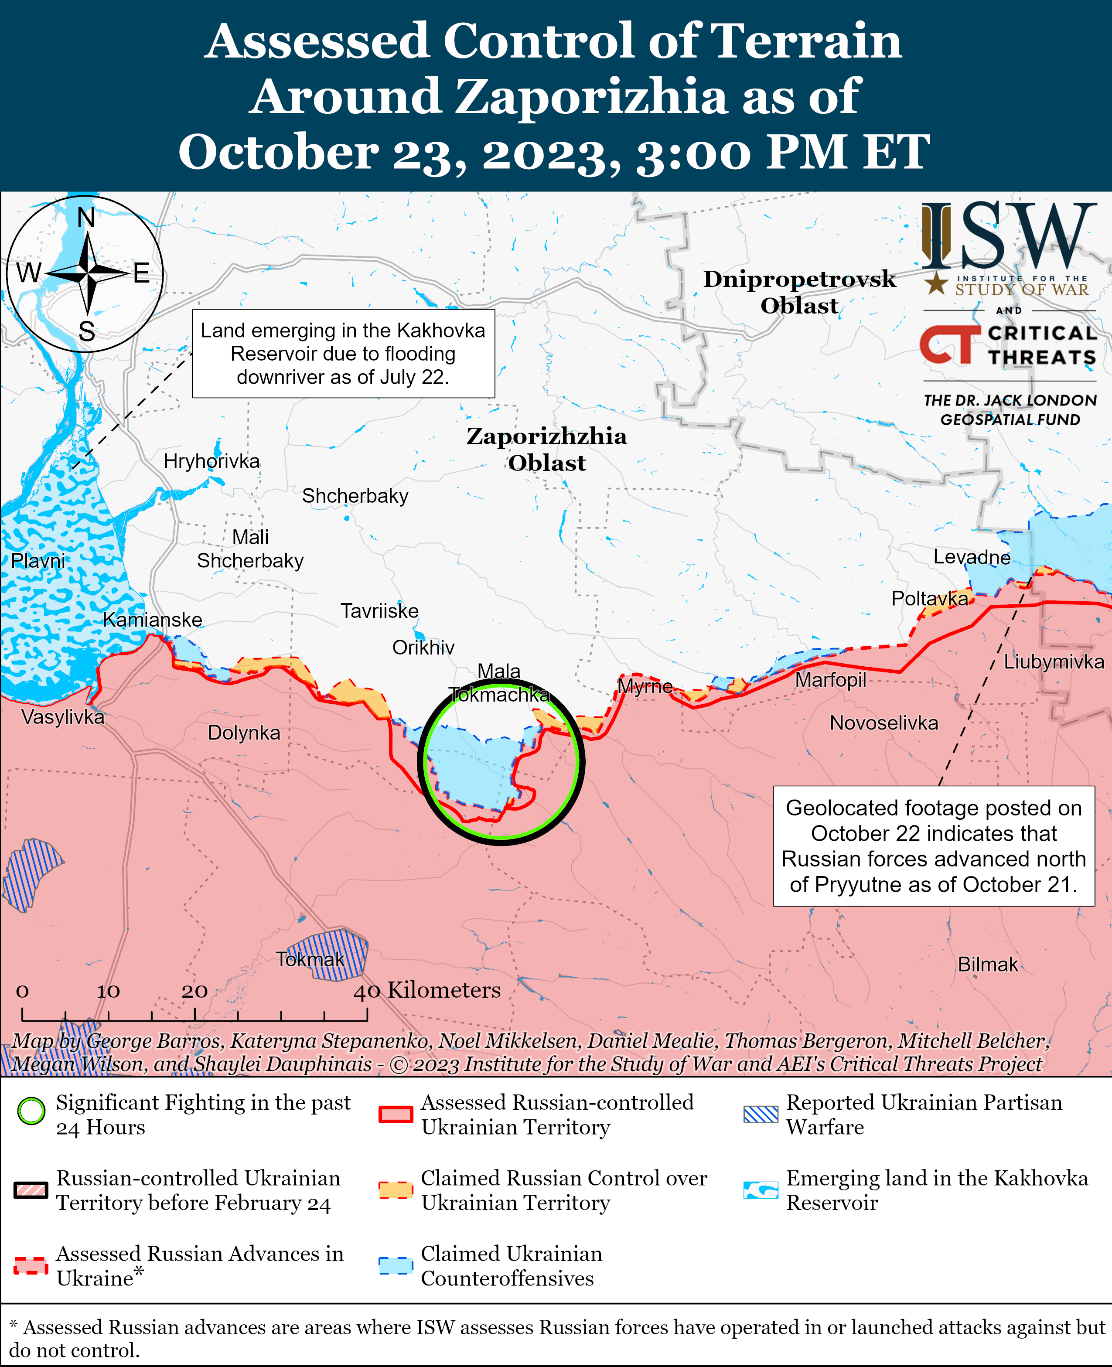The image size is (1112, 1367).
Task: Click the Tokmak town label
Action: click(310, 959)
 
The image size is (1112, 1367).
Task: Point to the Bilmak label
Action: click(987, 964)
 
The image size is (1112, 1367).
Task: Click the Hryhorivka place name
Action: click(211, 461)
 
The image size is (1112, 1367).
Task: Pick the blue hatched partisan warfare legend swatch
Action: click(761, 1115)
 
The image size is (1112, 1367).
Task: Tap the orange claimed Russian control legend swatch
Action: click(395, 1190)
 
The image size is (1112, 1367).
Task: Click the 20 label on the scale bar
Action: click(194, 991)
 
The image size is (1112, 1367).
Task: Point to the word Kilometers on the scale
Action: click(444, 990)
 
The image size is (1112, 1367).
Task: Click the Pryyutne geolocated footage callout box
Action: click(933, 845)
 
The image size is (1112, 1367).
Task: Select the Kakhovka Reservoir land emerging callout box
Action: click(343, 354)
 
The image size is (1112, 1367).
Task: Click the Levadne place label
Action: click(971, 557)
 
